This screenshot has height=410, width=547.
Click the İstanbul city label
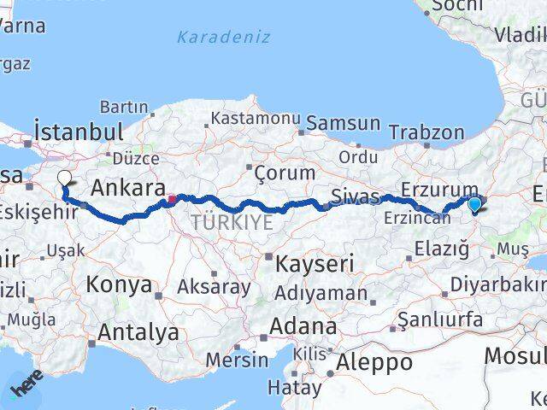pyautogui.click(x=78, y=132)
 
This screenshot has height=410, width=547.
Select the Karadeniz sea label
pyautogui.click(x=223, y=38)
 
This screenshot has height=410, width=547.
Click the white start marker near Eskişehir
pyautogui.click(x=64, y=178)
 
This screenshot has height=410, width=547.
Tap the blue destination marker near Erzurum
pyautogui.click(x=475, y=203)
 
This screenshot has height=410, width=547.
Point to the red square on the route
pyautogui.click(x=172, y=200)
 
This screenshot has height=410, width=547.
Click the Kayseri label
pyautogui.click(x=314, y=264)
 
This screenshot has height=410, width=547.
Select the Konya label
pyautogui.click(x=120, y=285)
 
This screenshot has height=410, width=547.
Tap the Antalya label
pyautogui.click(x=138, y=331)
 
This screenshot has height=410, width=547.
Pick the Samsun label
pyautogui.click(x=343, y=123)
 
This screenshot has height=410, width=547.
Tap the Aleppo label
pyautogui.click(x=374, y=362)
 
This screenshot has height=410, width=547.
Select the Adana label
pyautogui.click(x=303, y=326)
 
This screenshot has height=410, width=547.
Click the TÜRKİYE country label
pyautogui.click(x=232, y=222)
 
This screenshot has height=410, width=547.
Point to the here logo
pyautogui.click(x=26, y=389)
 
